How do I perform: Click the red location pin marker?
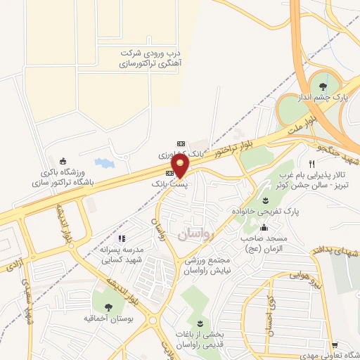coord(181,167)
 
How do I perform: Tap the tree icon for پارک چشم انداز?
coord(323,86)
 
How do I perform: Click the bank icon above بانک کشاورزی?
coord(181,142)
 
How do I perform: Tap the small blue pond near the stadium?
coord(103,163)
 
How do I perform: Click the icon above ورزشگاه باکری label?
coord(64,158)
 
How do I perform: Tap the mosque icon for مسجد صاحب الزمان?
coord(264,227)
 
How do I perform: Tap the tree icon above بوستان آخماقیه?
coord(108,307)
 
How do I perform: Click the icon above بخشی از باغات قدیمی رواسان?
coord(200,323)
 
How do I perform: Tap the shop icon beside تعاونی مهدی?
coord(336,345)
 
